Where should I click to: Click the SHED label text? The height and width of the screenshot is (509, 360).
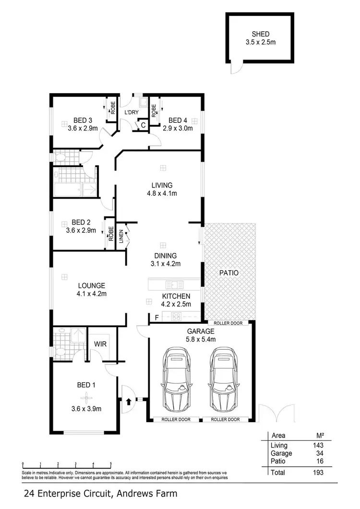(x=261, y=34)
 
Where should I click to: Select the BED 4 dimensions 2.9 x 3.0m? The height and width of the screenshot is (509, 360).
(x=178, y=128)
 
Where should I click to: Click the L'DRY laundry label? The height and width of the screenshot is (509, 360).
(x=131, y=112)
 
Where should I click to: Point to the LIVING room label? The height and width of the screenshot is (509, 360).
(x=162, y=185)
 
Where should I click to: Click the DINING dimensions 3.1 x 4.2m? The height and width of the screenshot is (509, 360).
(x=165, y=263)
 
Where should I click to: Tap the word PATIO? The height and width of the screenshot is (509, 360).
(x=229, y=272)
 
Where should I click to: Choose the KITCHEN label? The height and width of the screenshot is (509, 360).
(x=176, y=296)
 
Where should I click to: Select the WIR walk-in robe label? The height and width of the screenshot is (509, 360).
(x=100, y=344)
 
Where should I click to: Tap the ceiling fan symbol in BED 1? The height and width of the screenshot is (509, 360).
(x=86, y=396)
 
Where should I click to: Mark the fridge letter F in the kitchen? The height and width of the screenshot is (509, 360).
(x=156, y=317)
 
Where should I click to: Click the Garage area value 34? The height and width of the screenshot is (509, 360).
(x=320, y=453)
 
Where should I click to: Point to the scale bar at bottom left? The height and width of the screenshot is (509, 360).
(x=67, y=464)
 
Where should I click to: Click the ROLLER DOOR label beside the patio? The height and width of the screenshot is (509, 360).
(x=228, y=323)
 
